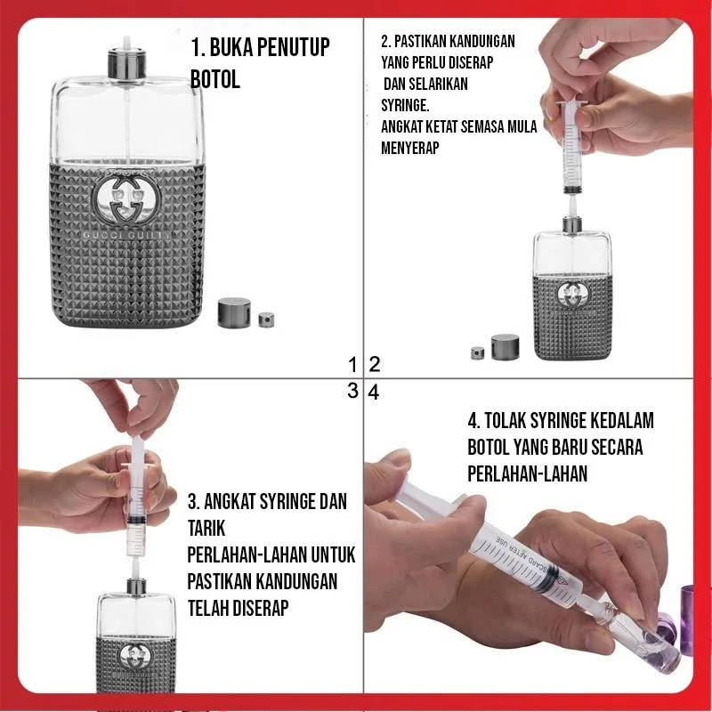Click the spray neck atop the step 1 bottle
[126, 64]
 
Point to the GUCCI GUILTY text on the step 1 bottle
[125, 236]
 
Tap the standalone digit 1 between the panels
[353, 364]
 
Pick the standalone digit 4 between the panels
[374, 392]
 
